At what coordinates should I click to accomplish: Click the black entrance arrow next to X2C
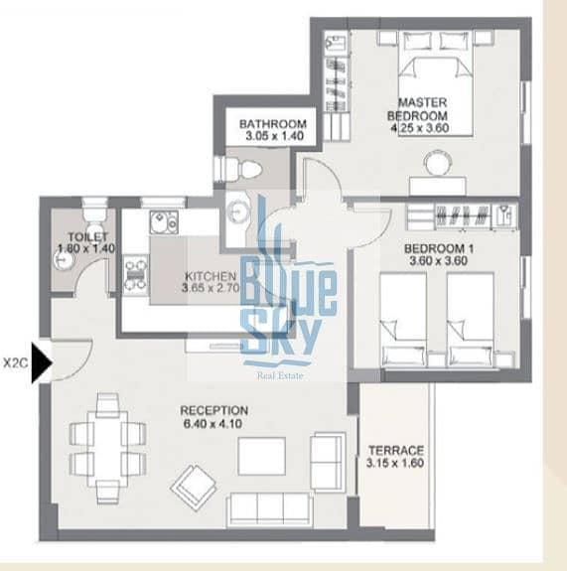click(x=42, y=362)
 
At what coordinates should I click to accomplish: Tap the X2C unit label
click(x=16, y=363)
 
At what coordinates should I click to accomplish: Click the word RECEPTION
click(x=214, y=410)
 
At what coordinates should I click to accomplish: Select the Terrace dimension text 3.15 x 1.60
click(x=395, y=463)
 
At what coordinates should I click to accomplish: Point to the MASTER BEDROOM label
click(x=417, y=109)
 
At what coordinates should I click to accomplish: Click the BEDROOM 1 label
click(x=439, y=248)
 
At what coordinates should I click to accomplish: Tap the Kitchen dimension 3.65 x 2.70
click(x=211, y=288)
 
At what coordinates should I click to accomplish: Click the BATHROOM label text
click(x=273, y=124)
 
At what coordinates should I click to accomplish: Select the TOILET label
click(x=88, y=236)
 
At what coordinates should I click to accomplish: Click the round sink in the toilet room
click(x=64, y=260)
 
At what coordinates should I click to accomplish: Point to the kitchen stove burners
click(x=135, y=274)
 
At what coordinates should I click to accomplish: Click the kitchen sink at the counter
click(x=164, y=221)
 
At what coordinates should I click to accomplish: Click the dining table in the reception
click(x=108, y=449)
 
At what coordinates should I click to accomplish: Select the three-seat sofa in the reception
click(x=269, y=509)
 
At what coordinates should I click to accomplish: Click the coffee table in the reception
click(x=261, y=456)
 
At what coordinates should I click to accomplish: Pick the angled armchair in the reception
click(x=194, y=485)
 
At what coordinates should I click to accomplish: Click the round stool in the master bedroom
click(x=437, y=162)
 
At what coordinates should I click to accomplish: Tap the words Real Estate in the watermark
click(x=280, y=375)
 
